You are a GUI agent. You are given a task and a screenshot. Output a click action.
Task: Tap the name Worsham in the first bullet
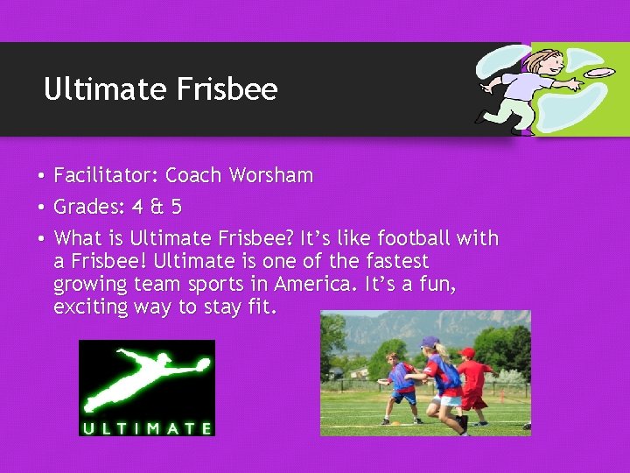tap(270, 175)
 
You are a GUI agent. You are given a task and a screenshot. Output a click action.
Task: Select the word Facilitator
tap(105, 175)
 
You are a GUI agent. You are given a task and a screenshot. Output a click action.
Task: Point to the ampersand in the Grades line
tap(157, 208)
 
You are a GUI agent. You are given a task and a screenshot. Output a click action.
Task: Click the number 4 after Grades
tap(137, 208)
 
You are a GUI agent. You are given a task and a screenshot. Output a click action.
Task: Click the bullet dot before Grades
tap(41, 208)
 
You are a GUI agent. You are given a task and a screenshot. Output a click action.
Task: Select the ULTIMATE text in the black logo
tap(146, 428)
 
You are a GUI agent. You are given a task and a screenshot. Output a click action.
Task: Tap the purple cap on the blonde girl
tap(429, 342)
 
